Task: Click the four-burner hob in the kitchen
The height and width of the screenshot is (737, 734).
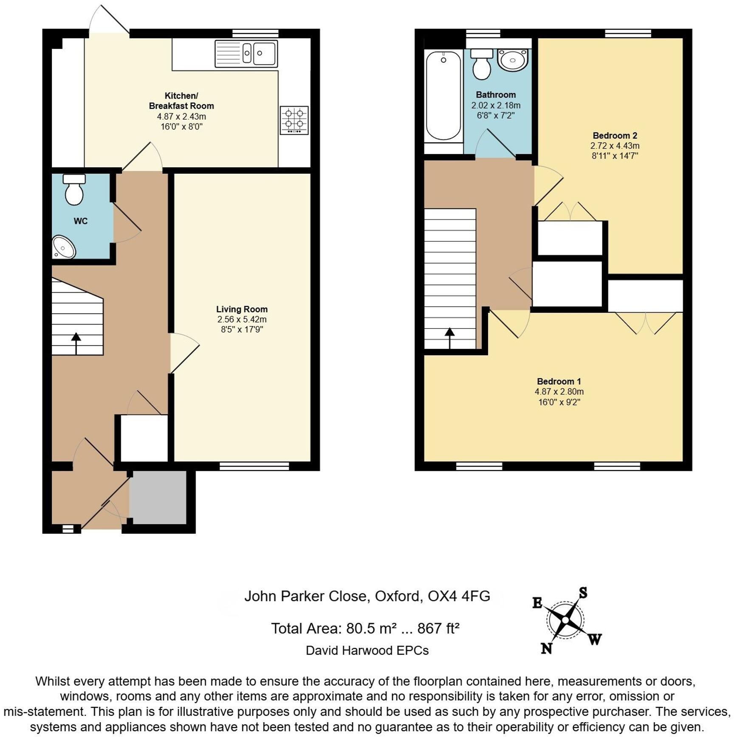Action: (294, 120)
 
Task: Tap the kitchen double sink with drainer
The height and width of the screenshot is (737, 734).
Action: (246, 54)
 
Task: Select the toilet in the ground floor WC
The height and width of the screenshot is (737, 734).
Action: (74, 190)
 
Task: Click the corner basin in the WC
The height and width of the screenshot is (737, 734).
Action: (63, 248)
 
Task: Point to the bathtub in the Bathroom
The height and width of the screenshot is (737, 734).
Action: (443, 96)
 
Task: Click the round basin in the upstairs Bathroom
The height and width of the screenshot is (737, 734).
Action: (513, 60)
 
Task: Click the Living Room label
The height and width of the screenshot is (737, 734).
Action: (242, 309)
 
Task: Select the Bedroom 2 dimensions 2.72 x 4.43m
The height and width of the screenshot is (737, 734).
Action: (615, 146)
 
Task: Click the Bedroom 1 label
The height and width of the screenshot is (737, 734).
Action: (559, 381)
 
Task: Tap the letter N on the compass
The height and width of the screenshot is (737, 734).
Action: (546, 648)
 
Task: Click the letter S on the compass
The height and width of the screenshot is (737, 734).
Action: (583, 593)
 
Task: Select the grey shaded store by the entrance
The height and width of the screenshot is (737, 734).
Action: (158, 497)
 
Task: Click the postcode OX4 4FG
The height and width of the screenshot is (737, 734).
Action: (459, 596)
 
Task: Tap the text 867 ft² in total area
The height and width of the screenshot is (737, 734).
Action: (438, 628)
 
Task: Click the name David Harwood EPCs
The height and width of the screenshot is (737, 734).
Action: (367, 650)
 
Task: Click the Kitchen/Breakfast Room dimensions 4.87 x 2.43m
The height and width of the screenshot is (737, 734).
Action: (181, 116)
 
